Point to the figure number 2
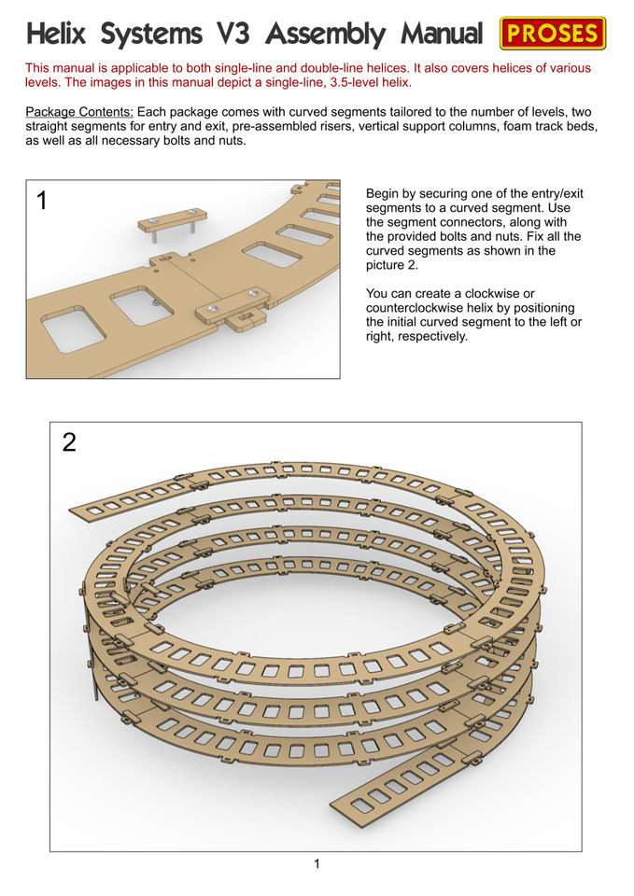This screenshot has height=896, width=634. (69, 442)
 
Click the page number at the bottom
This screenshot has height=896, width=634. (317, 863)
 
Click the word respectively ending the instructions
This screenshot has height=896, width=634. (426, 336)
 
